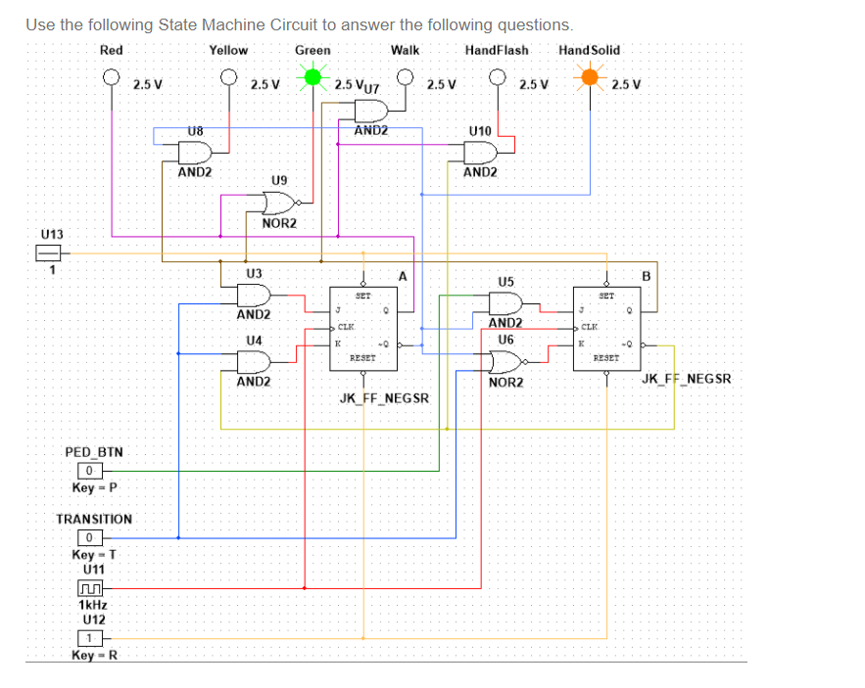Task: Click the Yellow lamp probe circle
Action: [229, 76]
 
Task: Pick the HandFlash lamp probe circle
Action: [498, 76]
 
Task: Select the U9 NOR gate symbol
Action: [279, 203]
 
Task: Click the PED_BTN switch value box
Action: [89, 471]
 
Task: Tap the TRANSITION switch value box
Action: [89, 537]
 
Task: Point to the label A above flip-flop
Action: [401, 276]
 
